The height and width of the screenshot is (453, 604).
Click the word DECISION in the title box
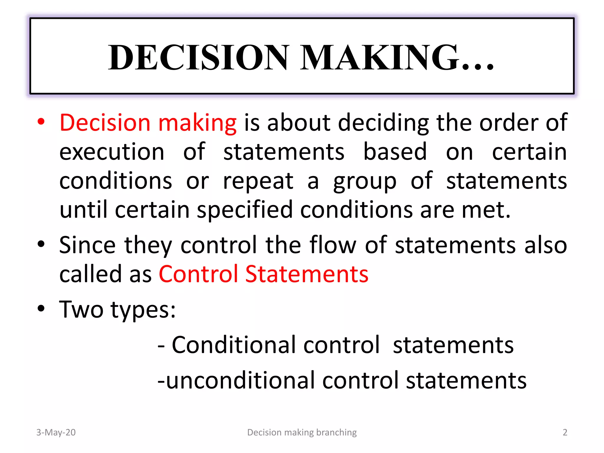coord(198,57)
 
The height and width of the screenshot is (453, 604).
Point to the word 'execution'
coord(112,152)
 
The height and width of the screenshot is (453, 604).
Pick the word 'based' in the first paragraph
coord(395,152)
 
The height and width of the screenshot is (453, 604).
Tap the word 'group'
coord(365,181)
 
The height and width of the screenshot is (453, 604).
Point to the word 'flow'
coord(333,245)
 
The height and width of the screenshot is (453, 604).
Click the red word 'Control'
coord(198,274)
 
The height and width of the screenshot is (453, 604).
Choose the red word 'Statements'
coord(307,274)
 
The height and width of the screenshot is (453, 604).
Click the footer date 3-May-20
coord(56,432)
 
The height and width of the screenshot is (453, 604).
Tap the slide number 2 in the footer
coord(565,432)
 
